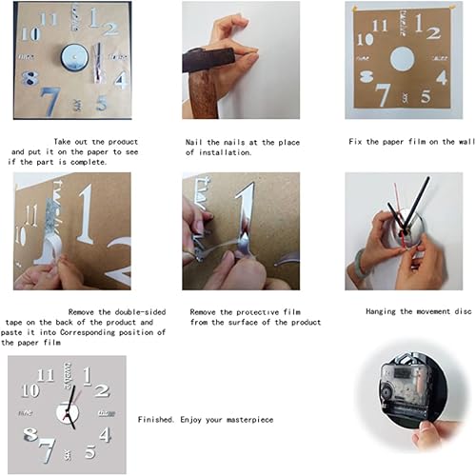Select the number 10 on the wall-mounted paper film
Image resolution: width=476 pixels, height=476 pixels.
pos(366,40)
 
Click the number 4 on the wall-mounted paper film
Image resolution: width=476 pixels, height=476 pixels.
pos(442,77)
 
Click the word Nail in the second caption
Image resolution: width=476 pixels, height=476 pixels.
pos(196,143)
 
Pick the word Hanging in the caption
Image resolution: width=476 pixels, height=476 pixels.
pos(383,311)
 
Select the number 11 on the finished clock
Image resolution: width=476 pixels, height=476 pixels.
pos(45,374)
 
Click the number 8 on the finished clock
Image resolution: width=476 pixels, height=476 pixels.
pos(30,435)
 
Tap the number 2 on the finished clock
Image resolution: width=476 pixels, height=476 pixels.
pos(102,390)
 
